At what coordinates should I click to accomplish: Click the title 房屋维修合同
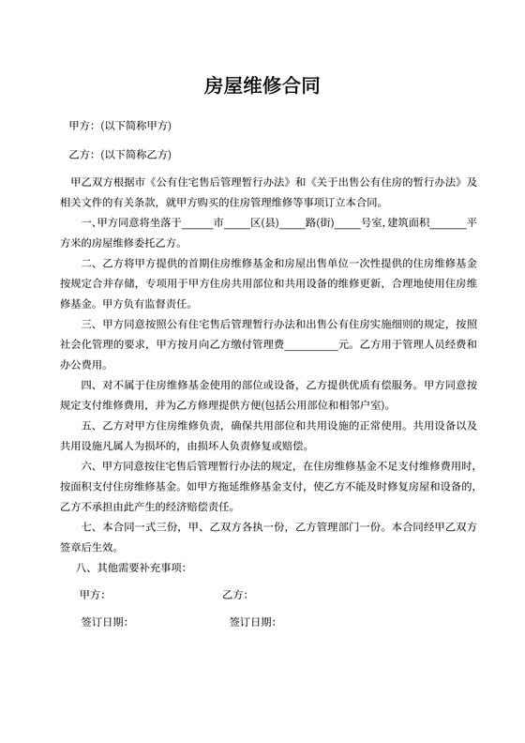coord(262,87)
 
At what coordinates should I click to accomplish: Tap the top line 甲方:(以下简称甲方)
coord(120,126)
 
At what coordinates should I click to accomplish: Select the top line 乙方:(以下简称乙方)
coord(120,154)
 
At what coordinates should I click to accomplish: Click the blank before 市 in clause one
coord(197,222)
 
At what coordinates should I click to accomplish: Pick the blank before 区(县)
coord(236,222)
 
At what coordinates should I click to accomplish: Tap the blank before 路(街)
coord(292,222)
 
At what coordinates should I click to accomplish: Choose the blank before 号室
coord(347,222)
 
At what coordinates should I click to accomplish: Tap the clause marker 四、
coord(90,385)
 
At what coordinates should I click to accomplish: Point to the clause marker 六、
coord(90,466)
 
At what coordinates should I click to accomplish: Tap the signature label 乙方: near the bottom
coord(234,595)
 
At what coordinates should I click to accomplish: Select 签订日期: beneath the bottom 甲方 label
coord(104,622)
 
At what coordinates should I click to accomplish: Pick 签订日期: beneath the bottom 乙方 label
coord(251,622)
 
